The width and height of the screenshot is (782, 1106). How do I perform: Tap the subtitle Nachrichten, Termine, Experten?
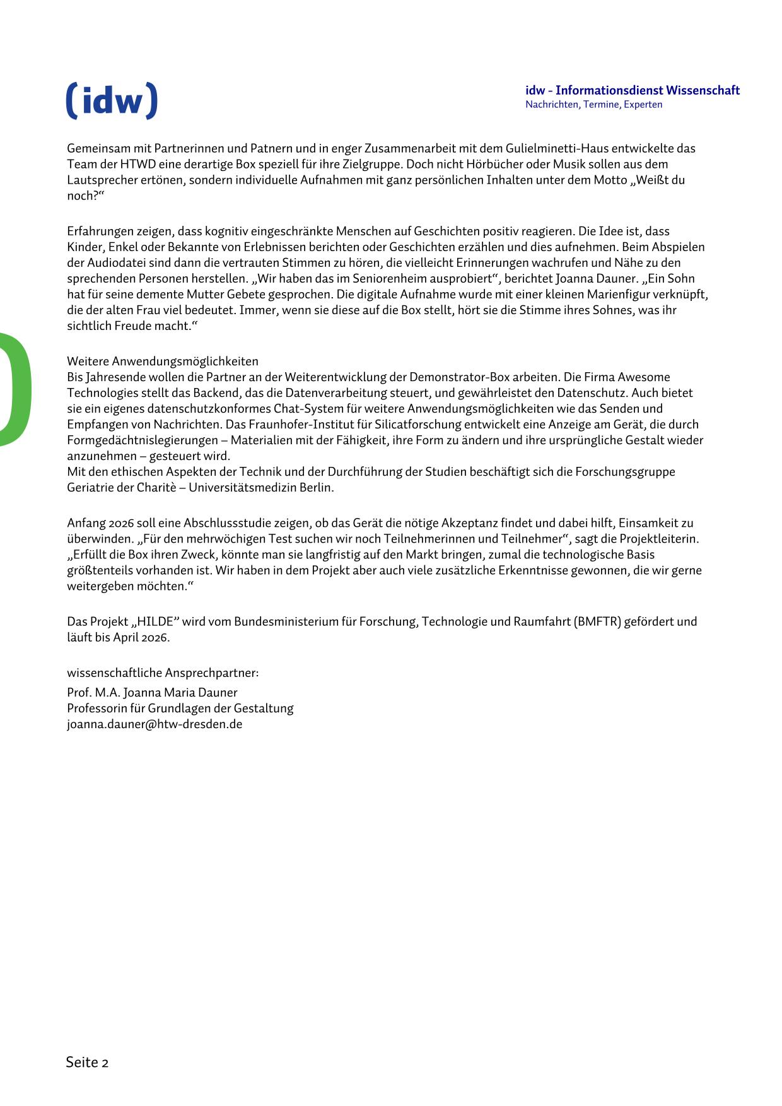point(593,105)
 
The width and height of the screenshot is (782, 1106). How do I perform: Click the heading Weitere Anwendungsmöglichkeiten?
point(163,362)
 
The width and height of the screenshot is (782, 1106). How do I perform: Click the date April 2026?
point(141,637)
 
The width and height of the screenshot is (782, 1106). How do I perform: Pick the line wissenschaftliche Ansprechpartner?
point(163,673)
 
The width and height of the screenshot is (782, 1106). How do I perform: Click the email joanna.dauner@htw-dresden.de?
point(155,724)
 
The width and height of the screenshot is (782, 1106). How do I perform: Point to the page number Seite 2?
point(87,1062)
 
